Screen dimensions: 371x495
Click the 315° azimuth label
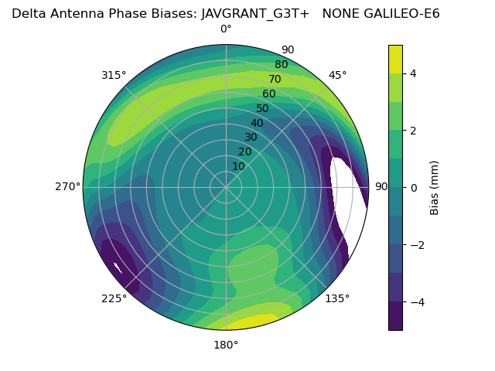click(114, 75)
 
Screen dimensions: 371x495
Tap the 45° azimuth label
click(338, 75)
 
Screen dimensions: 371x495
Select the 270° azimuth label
click(67, 186)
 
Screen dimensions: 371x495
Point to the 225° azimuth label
click(114, 298)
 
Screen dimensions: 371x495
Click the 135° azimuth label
click(337, 298)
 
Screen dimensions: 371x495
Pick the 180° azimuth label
click(226, 345)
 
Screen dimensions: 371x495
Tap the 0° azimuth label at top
click(226, 29)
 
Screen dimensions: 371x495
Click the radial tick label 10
click(238, 166)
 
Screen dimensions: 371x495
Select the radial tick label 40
click(257, 123)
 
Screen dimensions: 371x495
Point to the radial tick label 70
click(275, 79)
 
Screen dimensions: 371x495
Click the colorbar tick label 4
click(413, 74)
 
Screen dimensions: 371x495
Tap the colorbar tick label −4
click(416, 301)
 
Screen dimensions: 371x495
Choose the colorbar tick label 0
click(413, 188)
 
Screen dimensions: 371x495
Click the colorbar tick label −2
click(416, 245)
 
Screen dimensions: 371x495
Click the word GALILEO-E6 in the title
click(398, 13)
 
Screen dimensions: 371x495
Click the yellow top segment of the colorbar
click(395, 60)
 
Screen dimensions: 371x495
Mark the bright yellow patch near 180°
click(250, 322)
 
